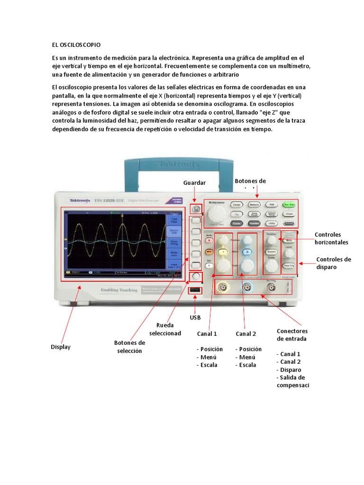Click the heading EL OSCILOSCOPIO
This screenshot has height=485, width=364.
(x=76, y=45)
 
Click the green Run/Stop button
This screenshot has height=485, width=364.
(x=288, y=205)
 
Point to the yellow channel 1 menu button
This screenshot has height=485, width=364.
(x=220, y=251)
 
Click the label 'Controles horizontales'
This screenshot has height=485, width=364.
(x=331, y=238)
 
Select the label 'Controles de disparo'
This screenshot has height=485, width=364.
(x=334, y=263)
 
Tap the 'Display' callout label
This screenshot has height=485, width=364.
(x=61, y=347)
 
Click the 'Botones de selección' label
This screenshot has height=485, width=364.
(x=129, y=347)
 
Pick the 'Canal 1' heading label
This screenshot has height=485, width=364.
(x=207, y=333)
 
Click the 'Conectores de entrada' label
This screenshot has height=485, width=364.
(x=292, y=334)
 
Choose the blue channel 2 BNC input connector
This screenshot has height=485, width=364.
(x=247, y=287)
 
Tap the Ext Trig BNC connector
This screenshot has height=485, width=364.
(x=271, y=287)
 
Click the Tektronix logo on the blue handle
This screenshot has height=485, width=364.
(x=178, y=164)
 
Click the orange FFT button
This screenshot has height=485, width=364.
(x=209, y=251)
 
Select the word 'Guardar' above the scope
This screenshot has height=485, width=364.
(x=194, y=182)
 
